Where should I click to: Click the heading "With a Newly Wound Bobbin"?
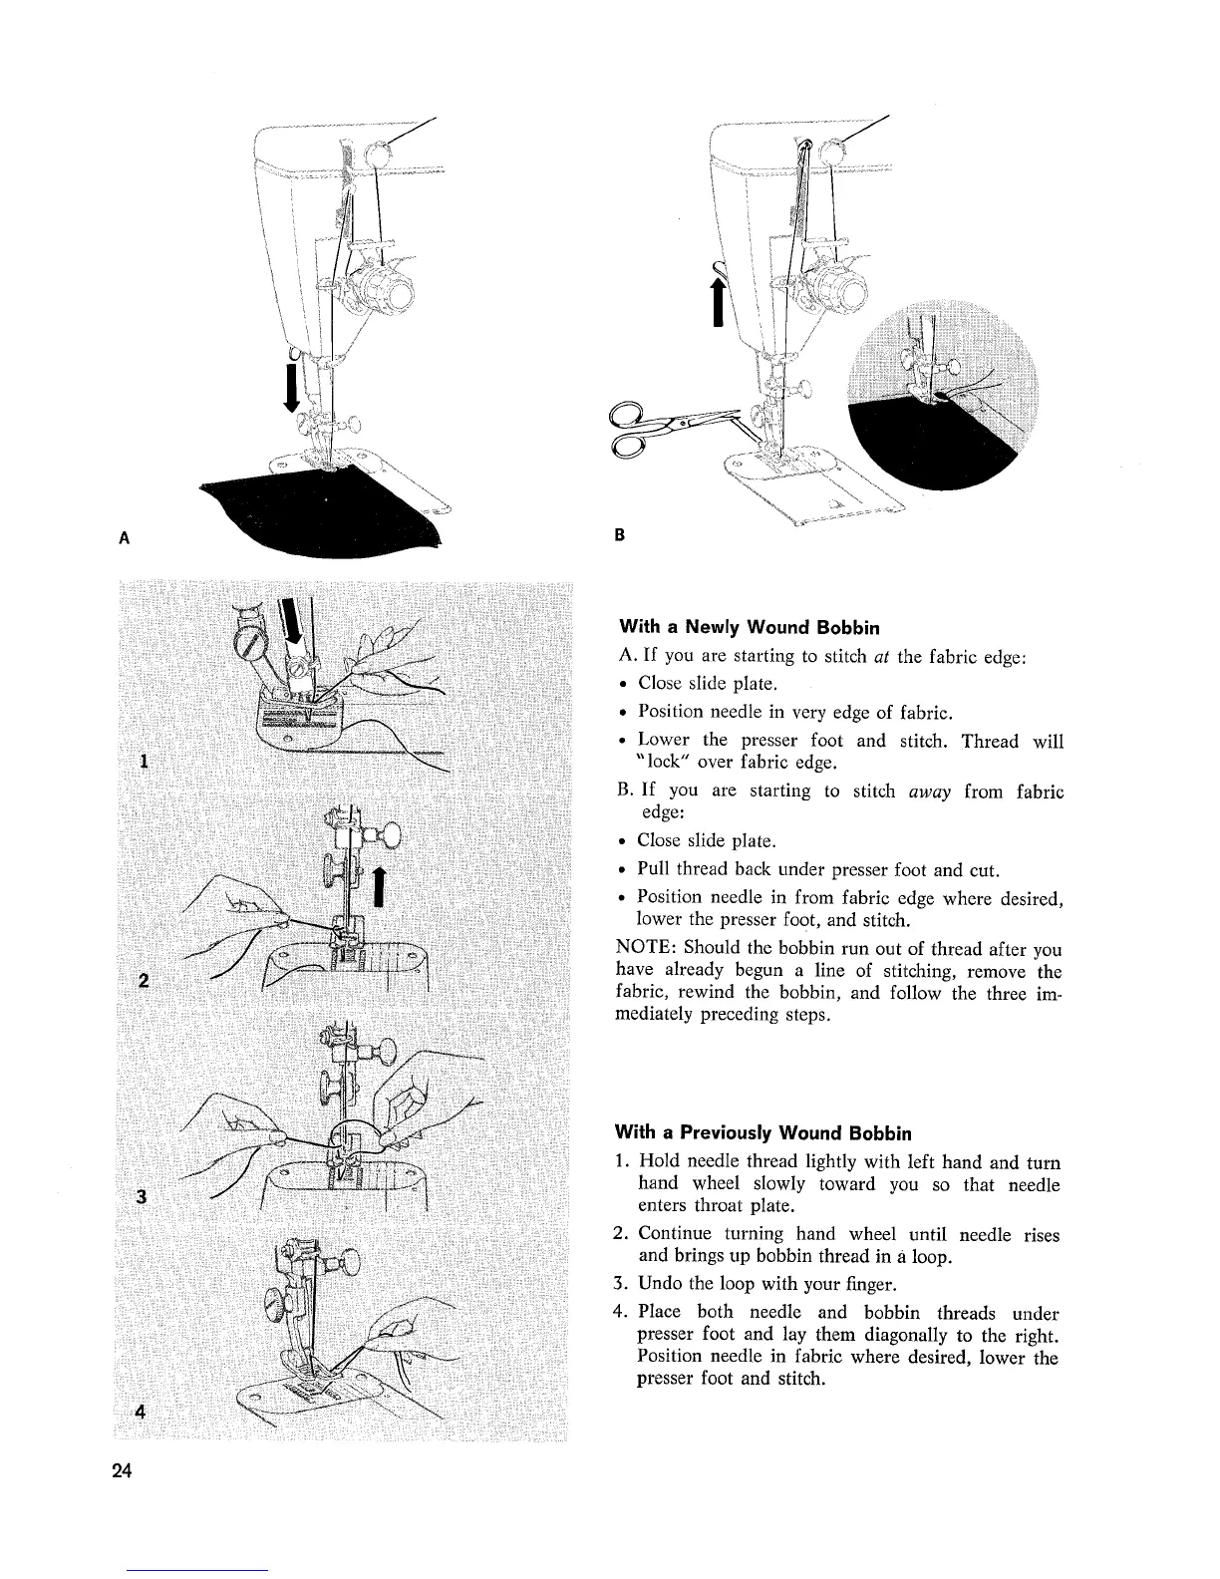click(x=750, y=628)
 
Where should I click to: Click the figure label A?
click(x=125, y=537)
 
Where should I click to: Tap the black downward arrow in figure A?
click(x=291, y=387)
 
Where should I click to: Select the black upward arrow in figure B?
click(x=716, y=302)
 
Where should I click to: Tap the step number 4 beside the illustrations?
click(x=142, y=1412)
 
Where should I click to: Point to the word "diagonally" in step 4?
click(x=920, y=1336)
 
